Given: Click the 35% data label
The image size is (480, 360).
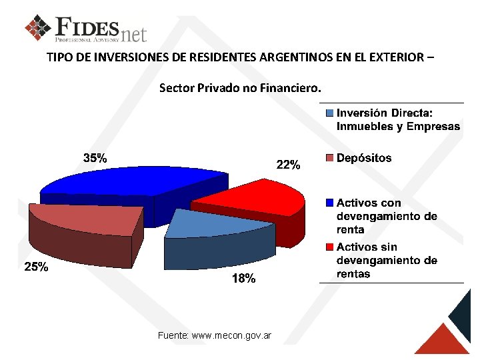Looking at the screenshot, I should coord(95,159).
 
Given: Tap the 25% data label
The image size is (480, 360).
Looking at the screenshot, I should coord(36,267).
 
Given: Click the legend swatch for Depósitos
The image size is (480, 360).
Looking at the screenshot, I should coord(329,159).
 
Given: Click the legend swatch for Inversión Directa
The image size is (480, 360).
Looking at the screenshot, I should coord(329,113).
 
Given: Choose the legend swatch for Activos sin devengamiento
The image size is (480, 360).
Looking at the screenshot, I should coord(329,247).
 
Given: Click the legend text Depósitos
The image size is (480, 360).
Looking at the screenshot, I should coord(364,159).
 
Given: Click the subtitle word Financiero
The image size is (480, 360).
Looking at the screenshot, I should coord(291,88).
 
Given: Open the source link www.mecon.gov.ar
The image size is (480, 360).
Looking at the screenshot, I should coord(231,335).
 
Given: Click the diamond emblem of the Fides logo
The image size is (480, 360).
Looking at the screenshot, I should coord(38,27).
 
